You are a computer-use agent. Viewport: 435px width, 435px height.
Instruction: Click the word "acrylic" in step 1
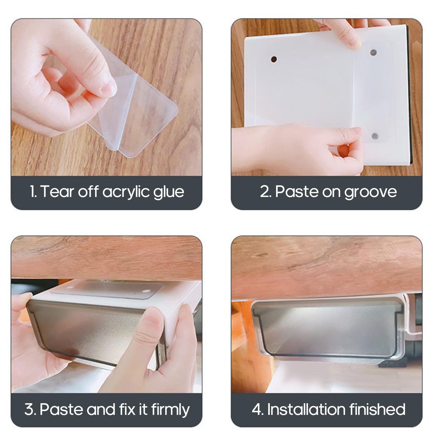127,192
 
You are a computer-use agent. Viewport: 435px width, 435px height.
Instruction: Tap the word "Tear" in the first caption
54,192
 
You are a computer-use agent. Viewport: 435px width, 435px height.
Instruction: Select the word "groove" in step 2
370,192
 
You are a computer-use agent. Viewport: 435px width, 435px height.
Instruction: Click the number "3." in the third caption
30,410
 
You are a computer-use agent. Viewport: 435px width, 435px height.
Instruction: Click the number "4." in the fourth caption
258,410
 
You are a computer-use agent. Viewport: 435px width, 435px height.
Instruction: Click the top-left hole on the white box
274,59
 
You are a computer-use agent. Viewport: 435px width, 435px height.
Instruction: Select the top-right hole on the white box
373,52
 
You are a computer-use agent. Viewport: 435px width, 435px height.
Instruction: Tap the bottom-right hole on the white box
375,136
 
